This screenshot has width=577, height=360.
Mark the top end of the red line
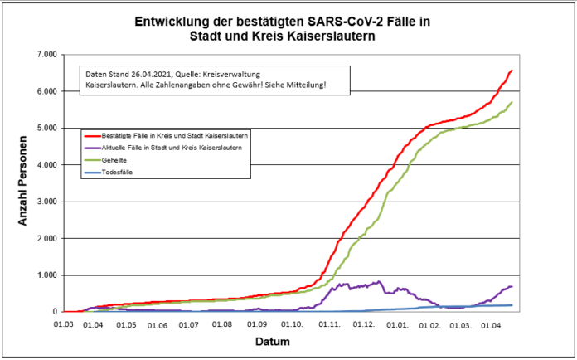click(x=512, y=71)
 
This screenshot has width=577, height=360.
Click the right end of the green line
click(x=512, y=102)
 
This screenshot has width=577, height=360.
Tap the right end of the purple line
click(x=512, y=286)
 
